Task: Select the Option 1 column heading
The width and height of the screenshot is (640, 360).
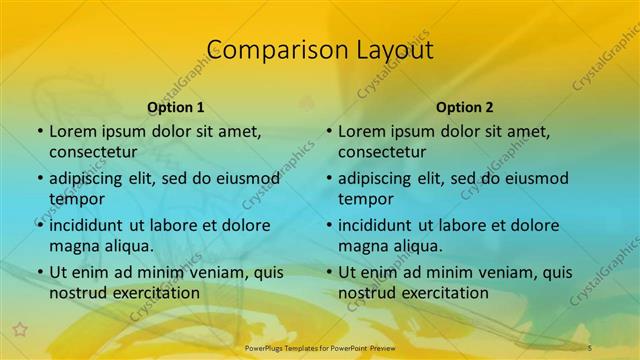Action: click(x=176, y=107)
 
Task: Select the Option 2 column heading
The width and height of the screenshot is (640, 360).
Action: click(x=465, y=107)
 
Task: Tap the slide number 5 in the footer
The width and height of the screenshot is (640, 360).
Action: click(x=590, y=346)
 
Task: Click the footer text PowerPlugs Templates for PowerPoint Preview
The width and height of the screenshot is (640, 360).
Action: click(x=321, y=346)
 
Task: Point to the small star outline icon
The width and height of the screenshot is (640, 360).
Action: click(x=18, y=328)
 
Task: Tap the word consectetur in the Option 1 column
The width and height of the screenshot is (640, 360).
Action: click(x=93, y=152)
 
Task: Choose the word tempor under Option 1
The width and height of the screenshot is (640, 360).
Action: click(x=77, y=199)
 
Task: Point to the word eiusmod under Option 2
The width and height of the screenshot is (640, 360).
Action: click(x=534, y=178)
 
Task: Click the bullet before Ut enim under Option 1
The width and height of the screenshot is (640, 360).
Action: click(x=39, y=272)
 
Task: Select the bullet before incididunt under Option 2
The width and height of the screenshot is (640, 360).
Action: click(x=328, y=225)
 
